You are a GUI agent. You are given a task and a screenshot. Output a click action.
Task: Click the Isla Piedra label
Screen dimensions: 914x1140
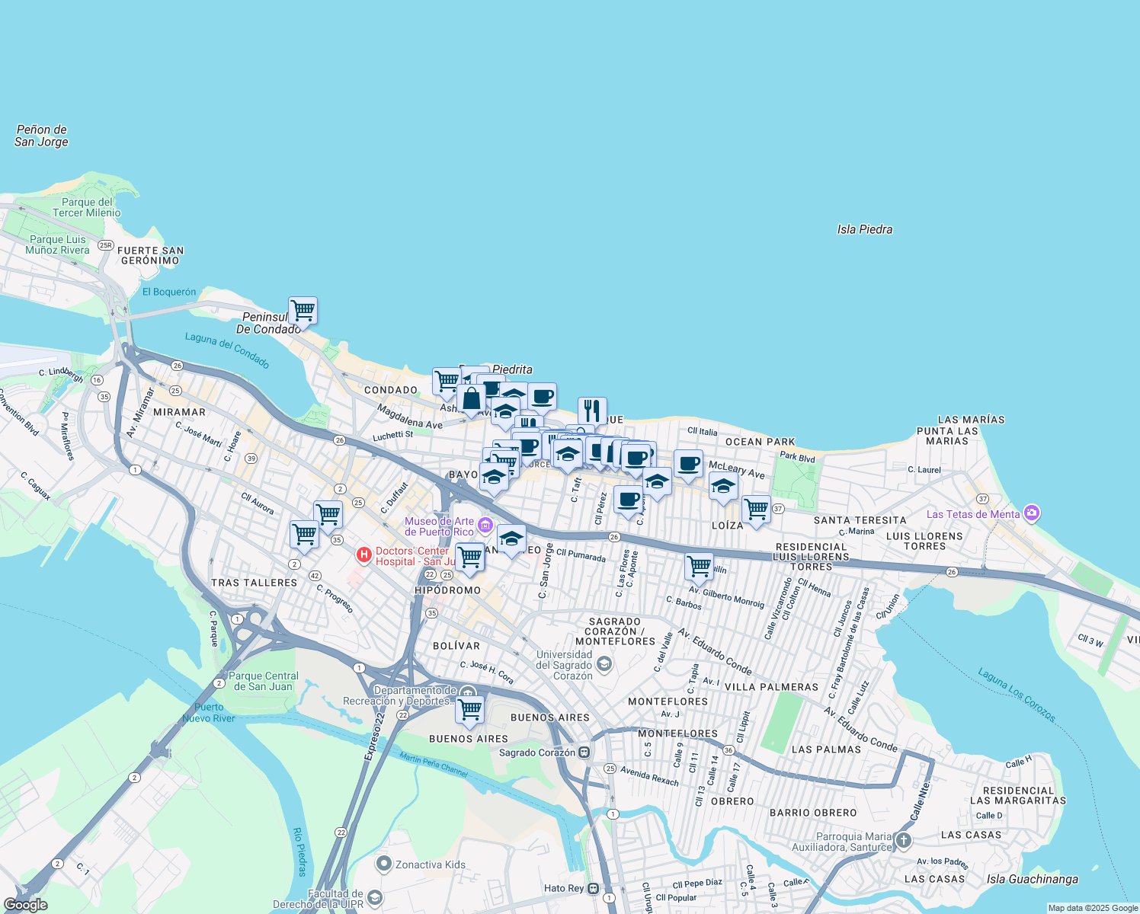coord(864,229)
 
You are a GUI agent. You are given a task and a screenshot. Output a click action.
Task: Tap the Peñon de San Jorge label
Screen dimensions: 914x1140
coord(41,136)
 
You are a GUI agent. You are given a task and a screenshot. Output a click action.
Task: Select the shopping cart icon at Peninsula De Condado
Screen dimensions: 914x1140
coord(303,311)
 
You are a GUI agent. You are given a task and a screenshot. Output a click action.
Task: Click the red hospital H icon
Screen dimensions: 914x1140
coord(364,555)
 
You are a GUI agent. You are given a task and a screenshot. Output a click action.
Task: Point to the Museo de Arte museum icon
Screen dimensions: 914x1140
coord(485,526)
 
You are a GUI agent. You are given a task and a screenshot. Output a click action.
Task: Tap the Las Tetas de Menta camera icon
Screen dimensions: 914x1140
coord(1032,513)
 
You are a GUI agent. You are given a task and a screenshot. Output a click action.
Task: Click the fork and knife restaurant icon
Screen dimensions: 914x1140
coord(592,411)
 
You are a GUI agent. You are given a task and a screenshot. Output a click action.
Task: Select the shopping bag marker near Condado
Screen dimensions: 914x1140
coord(472,398)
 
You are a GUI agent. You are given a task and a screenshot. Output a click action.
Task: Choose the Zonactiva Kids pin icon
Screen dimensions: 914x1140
coord(384,864)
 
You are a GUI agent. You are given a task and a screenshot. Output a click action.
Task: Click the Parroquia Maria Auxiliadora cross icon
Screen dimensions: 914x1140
coord(903,841)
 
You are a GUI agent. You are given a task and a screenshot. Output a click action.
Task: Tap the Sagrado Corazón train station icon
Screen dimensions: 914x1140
coord(584,753)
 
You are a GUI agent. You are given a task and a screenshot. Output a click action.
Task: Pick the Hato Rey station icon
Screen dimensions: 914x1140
coord(594,888)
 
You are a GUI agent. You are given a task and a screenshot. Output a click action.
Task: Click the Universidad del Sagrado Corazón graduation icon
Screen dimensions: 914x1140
coord(604,664)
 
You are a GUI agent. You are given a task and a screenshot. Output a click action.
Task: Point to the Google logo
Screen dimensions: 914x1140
coord(25,905)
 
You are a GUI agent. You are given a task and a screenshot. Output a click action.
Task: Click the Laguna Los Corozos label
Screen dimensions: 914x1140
coord(1017,695)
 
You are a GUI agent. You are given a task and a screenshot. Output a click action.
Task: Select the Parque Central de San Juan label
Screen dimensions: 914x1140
coord(263,681)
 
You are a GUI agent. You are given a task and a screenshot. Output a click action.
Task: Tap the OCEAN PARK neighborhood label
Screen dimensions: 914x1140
coord(760,442)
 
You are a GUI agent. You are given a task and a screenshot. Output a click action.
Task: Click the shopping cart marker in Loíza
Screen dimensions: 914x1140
coord(756,510)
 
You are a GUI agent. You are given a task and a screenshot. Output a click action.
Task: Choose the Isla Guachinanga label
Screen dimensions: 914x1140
coord(1033,879)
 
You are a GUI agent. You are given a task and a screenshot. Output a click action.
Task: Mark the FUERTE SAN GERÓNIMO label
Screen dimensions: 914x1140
coord(150,255)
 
